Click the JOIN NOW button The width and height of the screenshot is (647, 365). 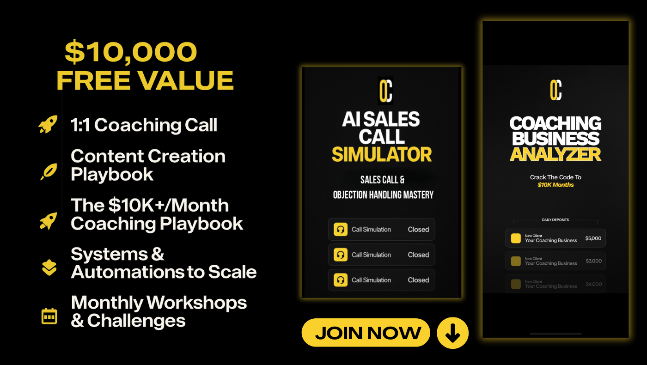(x=366, y=333)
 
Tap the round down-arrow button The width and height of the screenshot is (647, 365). (x=452, y=333)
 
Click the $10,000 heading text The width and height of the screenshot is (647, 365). (x=131, y=52)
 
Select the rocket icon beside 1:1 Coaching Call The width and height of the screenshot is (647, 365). (x=48, y=124)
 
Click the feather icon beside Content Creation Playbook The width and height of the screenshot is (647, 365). (x=49, y=171)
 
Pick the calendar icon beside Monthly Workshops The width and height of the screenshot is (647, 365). (x=49, y=316)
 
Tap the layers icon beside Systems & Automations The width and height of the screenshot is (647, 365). (x=49, y=268)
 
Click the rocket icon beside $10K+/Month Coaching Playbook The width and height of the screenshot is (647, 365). (x=48, y=221)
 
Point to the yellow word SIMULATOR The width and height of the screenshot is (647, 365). (x=382, y=154)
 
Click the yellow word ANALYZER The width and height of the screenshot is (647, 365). (x=555, y=154)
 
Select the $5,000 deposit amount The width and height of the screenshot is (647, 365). (x=593, y=238)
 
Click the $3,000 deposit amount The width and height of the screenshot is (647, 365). (x=593, y=261)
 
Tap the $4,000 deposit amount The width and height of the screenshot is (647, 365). (x=593, y=284)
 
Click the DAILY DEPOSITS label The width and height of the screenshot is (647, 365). (x=555, y=220)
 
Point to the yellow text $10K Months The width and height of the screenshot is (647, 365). (x=555, y=185)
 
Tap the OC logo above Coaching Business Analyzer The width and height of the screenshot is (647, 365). (x=555, y=90)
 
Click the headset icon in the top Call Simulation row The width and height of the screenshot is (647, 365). (x=341, y=230)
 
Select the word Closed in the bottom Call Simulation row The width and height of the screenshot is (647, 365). (x=418, y=280)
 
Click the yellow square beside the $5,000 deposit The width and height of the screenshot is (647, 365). (x=516, y=238)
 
